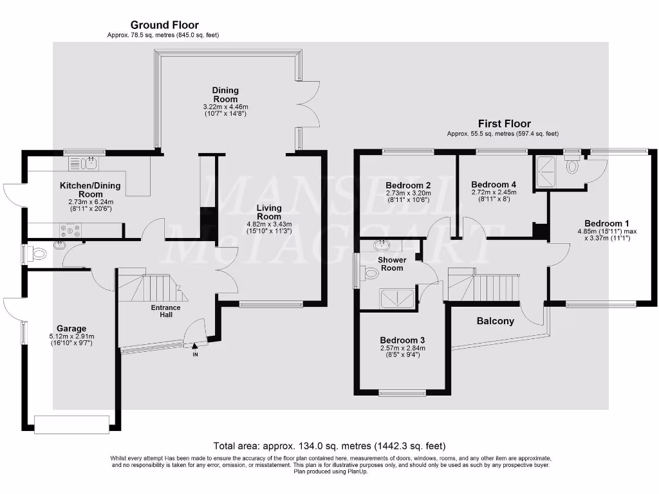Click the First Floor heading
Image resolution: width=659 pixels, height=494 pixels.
pos(503,123)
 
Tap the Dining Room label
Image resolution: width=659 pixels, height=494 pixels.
pos(225,95)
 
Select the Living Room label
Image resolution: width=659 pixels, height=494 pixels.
pos(269,212)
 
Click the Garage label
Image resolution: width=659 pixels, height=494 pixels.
pos(71,328)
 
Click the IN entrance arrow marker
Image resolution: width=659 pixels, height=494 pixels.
pos(195,351)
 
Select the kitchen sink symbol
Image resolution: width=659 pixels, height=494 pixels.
pos(89,165)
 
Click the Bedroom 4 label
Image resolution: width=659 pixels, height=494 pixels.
pos(494,183)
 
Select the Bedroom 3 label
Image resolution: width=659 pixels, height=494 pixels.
pos(402,340)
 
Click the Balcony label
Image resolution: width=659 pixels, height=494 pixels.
pos(495,321)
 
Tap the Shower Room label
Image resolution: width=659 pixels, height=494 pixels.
pos(392,264)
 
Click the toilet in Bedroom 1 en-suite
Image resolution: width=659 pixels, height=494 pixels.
pos(571,166)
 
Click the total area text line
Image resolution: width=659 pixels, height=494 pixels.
pos(329,445)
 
